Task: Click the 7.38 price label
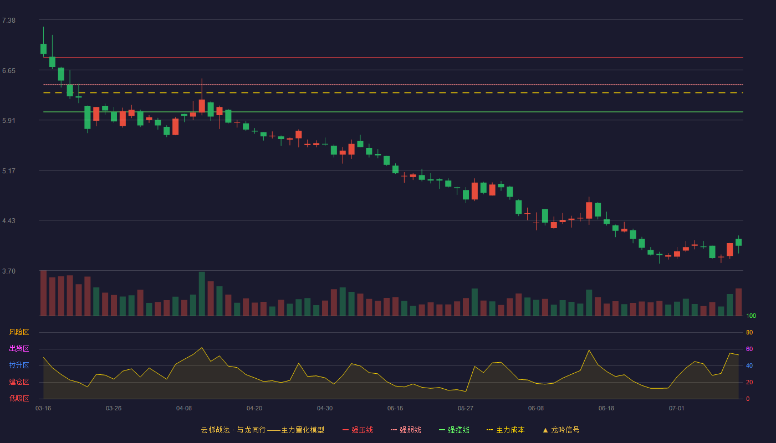click(x=9, y=20)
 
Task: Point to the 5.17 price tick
click(x=9, y=171)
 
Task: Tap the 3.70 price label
click(x=9, y=271)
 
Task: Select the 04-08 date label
click(x=184, y=409)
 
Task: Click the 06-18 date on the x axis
click(x=606, y=409)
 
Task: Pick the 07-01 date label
click(x=677, y=409)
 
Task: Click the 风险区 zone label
click(x=19, y=332)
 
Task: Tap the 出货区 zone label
click(x=19, y=348)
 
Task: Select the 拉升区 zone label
click(x=19, y=365)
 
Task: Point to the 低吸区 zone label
click(x=19, y=398)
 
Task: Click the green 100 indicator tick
click(x=751, y=316)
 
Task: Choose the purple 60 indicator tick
click(x=749, y=349)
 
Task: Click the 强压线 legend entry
click(x=358, y=430)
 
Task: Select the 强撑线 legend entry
click(x=454, y=430)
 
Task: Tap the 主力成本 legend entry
click(x=506, y=430)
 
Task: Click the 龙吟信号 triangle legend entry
click(x=561, y=430)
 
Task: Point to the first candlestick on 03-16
click(x=43, y=49)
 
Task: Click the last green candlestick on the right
click(x=738, y=243)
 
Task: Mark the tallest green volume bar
click(x=202, y=294)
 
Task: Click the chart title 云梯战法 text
click(x=215, y=430)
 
